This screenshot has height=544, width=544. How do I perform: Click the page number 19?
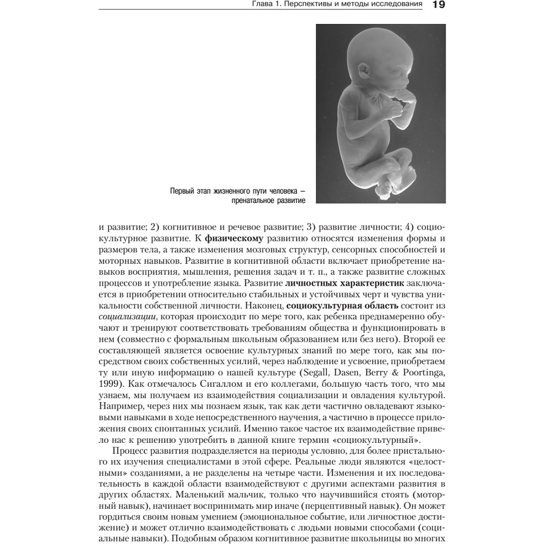(x=438, y=6)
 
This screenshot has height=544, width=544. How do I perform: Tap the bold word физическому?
(x=234, y=238)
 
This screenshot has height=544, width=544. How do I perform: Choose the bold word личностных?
(x=311, y=283)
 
